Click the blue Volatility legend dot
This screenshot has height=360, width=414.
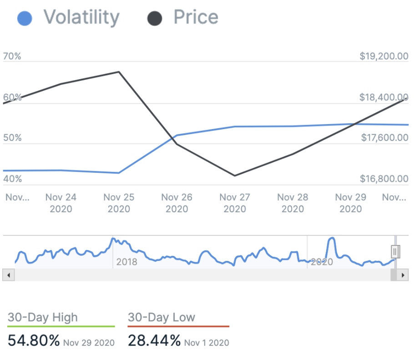click(x=25, y=19)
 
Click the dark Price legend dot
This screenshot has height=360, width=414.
click(x=155, y=19)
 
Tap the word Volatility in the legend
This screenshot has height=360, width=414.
click(x=81, y=17)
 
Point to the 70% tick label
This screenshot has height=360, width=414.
click(x=12, y=56)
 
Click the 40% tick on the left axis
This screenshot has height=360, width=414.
click(x=12, y=179)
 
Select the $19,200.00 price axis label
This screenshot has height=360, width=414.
click(x=384, y=56)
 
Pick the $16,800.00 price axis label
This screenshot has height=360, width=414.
click(x=384, y=179)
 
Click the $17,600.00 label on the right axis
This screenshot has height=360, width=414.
click(x=384, y=137)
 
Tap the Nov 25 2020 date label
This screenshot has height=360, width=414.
click(x=119, y=203)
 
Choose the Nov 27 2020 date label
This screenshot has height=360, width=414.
click(x=235, y=203)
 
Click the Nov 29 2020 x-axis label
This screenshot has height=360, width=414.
click(x=351, y=203)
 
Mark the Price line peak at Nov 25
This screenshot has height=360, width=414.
click(x=119, y=72)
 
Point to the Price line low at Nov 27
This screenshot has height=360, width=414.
click(x=235, y=175)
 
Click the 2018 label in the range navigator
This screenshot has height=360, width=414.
click(x=126, y=262)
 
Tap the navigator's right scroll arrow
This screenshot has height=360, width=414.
click(x=402, y=275)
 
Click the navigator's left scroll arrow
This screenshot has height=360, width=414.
click(x=9, y=275)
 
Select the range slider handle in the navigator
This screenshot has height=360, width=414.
click(x=395, y=251)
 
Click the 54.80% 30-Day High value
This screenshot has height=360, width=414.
click(x=34, y=340)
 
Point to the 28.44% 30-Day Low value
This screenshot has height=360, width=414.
click(x=154, y=340)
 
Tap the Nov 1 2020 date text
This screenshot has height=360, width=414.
click(x=207, y=342)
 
